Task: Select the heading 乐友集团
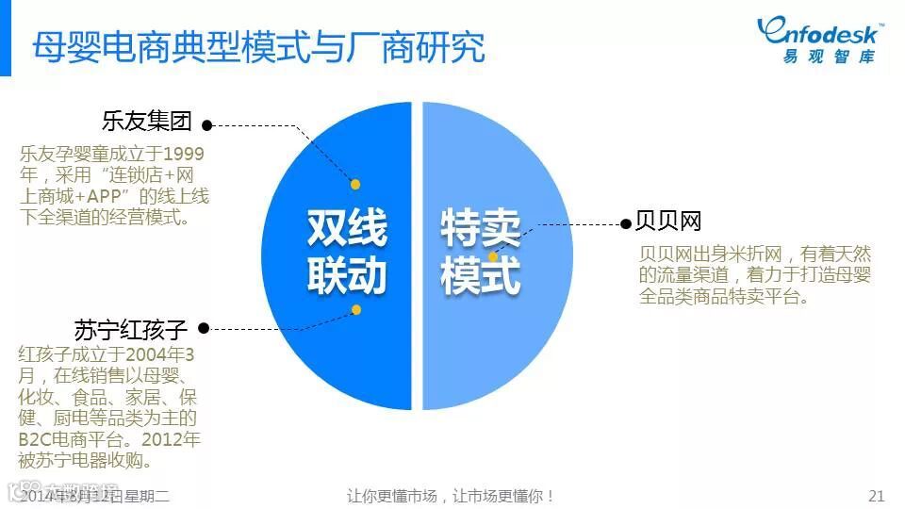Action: [147, 122]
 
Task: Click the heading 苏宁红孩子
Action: [131, 330]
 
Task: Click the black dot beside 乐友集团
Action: [207, 123]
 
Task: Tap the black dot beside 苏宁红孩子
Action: [204, 329]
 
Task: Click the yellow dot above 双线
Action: [356, 185]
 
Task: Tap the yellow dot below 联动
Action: [356, 309]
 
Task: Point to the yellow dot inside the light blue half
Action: [493, 256]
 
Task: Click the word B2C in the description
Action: [36, 439]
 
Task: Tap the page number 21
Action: [876, 496]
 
